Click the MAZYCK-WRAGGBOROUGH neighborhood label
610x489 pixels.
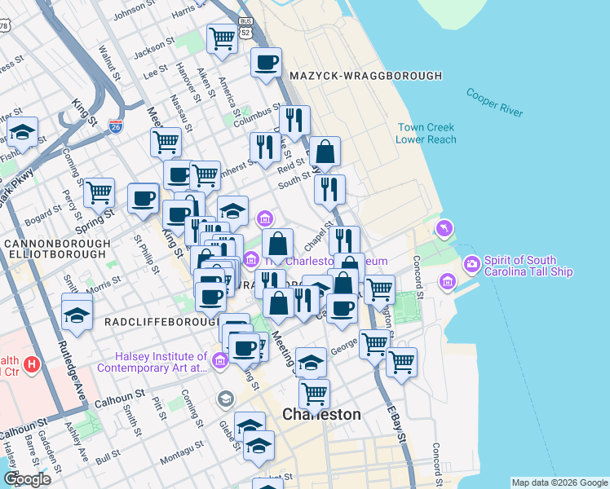[365, 76]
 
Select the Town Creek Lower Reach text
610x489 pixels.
[426, 133]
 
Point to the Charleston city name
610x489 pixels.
[321, 414]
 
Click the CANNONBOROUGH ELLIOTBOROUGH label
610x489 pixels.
[56, 249]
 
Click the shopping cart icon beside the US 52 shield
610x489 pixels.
[222, 37]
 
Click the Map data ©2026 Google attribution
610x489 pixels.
[559, 482]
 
